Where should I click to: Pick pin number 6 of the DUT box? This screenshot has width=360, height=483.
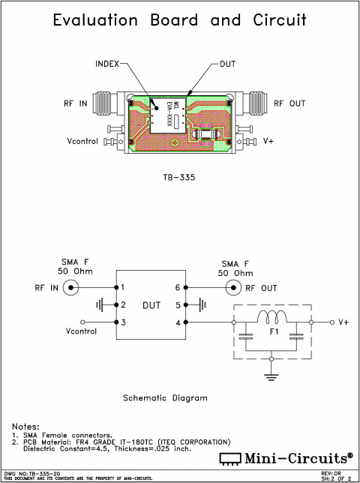[178, 287]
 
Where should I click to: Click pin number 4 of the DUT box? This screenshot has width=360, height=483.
[178, 322]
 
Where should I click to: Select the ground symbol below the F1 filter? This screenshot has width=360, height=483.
[272, 373]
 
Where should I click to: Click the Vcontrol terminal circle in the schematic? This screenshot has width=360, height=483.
[82, 322]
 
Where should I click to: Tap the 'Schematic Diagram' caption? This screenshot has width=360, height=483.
[165, 398]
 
